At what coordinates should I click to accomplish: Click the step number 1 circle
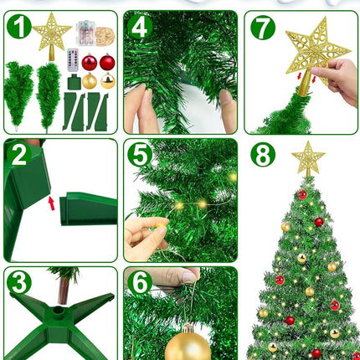click(19, 27)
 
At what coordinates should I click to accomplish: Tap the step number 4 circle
click(140, 27)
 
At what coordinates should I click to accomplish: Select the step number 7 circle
click(263, 28)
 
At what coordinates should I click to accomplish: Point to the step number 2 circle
click(19, 154)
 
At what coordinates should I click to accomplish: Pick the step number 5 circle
click(140, 155)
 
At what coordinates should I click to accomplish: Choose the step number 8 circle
click(263, 155)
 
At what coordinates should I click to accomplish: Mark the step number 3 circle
click(19, 282)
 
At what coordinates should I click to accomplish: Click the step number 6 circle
click(140, 282)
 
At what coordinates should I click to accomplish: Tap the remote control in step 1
click(73, 60)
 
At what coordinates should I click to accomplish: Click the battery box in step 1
click(85, 33)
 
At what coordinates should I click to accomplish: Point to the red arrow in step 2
click(51, 203)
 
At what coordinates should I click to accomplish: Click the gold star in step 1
click(52, 36)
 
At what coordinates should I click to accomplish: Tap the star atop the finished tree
click(308, 158)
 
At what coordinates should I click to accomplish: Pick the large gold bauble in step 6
click(188, 344)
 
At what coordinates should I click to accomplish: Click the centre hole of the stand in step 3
click(59, 310)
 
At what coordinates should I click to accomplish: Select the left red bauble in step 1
click(90, 62)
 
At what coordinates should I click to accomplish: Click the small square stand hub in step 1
click(74, 82)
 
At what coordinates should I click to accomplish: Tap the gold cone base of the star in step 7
click(304, 83)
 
